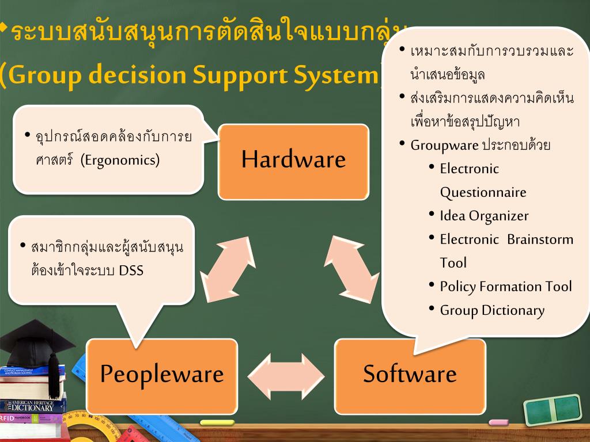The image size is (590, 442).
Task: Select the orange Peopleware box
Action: pyautogui.click(x=162, y=375)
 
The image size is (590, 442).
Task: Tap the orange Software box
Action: pyautogui.click(x=410, y=375)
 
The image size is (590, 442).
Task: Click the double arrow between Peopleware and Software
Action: pyautogui.click(x=286, y=375)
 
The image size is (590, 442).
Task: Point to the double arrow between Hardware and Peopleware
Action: pyautogui.click(x=228, y=268)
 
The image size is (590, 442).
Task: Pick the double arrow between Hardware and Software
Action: pyautogui.click(x=353, y=268)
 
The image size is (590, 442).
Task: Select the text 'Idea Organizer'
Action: pyautogui.click(x=484, y=216)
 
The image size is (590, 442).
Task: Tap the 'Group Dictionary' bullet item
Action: pyautogui.click(x=492, y=311)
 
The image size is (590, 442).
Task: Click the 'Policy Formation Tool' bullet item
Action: pyautogui.click(x=506, y=287)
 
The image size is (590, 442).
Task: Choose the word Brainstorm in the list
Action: pyautogui.click(x=540, y=239)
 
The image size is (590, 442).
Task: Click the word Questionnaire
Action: pyautogui.click(x=483, y=192)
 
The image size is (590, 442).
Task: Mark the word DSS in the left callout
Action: pyautogui.click(x=131, y=270)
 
